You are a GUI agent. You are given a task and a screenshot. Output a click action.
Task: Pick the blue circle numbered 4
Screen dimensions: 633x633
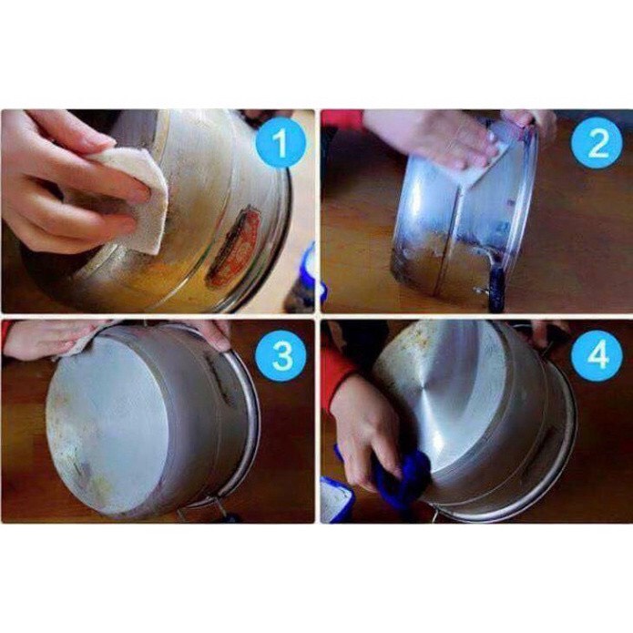(597, 356)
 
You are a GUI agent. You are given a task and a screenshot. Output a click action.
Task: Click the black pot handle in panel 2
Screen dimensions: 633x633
(495, 284)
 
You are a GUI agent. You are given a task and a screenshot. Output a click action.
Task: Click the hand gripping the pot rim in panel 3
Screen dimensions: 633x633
(211, 332)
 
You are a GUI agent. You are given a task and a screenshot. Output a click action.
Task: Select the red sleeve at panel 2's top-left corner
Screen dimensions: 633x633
(342, 117)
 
